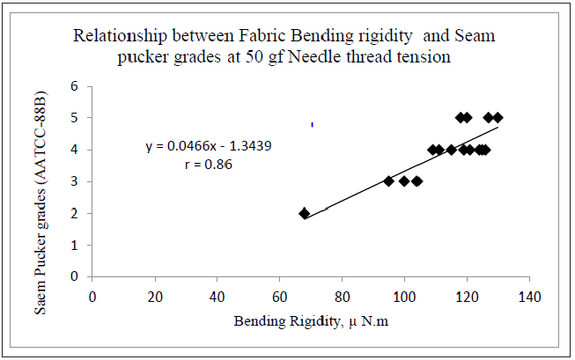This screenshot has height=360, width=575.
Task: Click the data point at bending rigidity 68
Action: [x=305, y=213]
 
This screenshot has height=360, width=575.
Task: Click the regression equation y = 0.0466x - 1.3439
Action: [x=208, y=146]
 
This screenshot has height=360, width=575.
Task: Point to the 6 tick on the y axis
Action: [x=75, y=86]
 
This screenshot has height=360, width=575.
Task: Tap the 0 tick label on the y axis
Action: [x=75, y=276]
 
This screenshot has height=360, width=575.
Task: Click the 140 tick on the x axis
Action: [x=528, y=296]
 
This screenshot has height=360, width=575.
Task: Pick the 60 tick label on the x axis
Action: [x=279, y=296]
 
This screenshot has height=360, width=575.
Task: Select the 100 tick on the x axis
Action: [x=404, y=296]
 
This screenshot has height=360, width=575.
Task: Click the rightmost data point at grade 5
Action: [x=498, y=117]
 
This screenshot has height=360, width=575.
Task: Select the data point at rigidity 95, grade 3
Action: [x=388, y=180]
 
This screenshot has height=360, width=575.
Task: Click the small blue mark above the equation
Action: [x=313, y=125]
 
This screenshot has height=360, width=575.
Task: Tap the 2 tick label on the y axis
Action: [x=75, y=213]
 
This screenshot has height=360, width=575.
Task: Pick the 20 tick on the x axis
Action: [x=155, y=296]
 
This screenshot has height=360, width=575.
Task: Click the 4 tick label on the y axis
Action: [x=75, y=150]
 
